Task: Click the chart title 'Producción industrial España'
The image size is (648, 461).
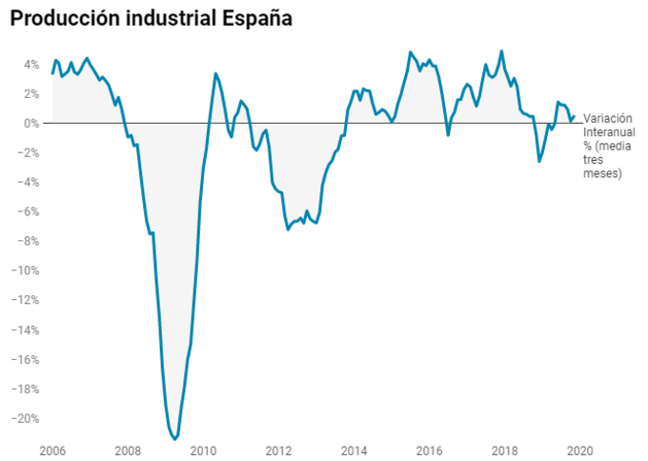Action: pos(152,19)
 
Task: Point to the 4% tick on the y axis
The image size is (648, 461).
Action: pos(31,64)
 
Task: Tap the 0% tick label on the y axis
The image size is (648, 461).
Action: pos(31,123)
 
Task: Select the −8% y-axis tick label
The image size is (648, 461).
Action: pos(29,241)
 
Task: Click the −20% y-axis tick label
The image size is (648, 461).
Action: pos(26,418)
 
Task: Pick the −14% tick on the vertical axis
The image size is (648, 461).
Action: pos(26,330)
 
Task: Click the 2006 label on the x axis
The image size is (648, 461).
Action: pos(52,448)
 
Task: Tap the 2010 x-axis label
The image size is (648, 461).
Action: pos(203,448)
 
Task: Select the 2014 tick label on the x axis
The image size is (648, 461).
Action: pos(354,448)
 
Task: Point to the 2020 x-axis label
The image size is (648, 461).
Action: pos(579,448)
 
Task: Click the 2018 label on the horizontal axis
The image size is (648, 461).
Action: pos(504,448)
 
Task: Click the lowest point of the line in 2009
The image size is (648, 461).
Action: pos(174,439)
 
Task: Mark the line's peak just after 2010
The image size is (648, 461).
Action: pos(215,73)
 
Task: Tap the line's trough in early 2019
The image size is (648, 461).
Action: pos(539,162)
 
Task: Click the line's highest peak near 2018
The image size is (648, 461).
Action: pos(502,51)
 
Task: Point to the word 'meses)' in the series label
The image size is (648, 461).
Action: pos(602,174)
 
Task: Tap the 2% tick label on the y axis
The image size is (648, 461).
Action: pos(31,93)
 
